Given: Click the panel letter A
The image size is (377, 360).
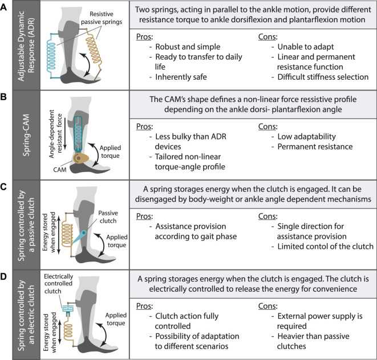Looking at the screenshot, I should click(5, 6).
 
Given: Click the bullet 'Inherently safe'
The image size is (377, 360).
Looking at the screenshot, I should click(179, 75).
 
